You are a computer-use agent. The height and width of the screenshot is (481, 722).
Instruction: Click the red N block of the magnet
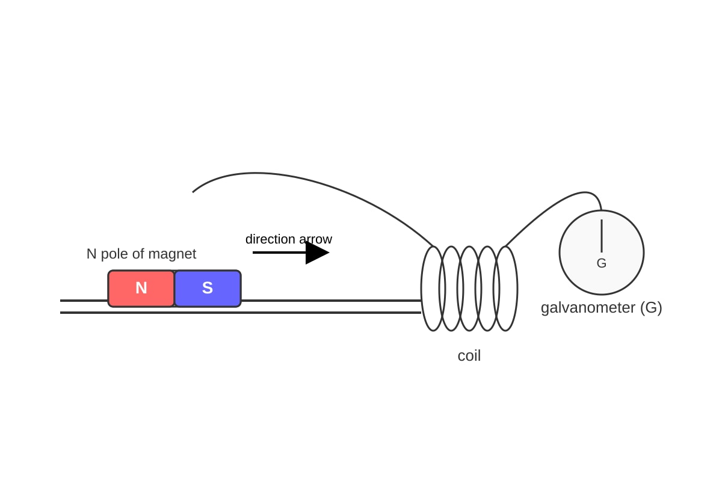coord(141,289)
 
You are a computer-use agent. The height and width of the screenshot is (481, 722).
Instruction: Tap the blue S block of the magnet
coord(208,289)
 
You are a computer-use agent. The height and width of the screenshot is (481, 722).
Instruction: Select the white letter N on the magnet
coord(141,287)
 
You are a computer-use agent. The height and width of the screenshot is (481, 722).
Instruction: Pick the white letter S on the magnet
coord(208,287)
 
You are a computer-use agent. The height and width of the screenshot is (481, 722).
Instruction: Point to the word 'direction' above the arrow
coord(270,239)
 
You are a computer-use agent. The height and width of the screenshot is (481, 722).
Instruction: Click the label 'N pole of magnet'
coord(141,254)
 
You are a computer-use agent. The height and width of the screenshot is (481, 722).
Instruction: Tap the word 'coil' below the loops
coord(469,356)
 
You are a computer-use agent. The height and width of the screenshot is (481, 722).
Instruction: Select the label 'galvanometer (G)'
coord(602,308)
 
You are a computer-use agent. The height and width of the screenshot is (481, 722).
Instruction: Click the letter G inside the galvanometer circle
coord(602,263)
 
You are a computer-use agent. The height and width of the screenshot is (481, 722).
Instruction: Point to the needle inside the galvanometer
coord(602,236)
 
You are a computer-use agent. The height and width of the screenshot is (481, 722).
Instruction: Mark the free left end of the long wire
coord(193,192)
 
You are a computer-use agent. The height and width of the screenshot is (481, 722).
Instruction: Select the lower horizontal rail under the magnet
coord(241,313)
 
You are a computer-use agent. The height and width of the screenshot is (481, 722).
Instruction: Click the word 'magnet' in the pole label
coord(172,254)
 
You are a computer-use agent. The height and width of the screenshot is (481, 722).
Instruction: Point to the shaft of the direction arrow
coord(279,253)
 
